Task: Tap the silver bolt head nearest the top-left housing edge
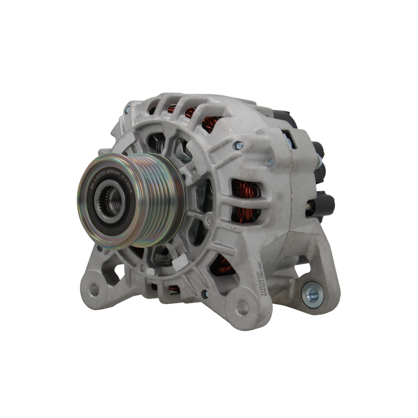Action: click(127, 111)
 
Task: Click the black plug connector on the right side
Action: click(327, 201)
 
